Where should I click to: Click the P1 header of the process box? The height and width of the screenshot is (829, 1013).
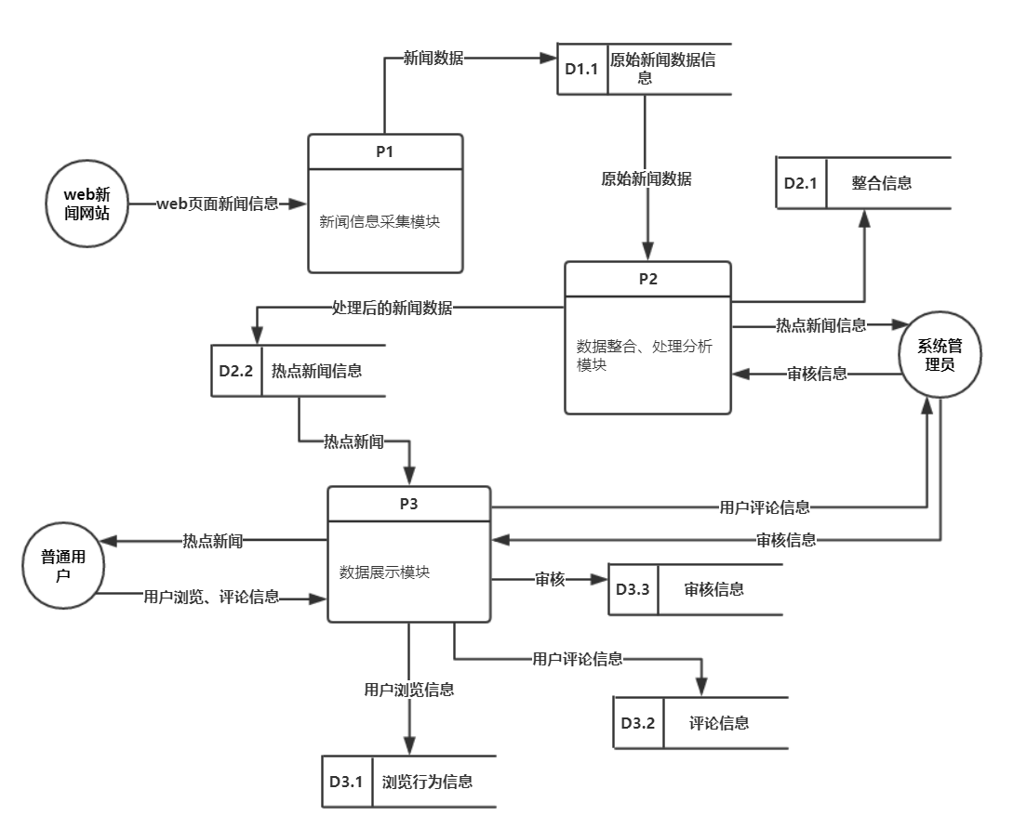(385, 152)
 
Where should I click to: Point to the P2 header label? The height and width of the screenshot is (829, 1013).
(647, 280)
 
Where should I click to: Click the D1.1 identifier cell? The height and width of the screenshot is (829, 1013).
(582, 68)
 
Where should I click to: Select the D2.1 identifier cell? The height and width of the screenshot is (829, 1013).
(800, 183)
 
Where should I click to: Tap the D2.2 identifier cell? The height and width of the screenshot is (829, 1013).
(236, 371)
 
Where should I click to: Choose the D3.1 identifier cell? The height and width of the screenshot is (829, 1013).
(344, 782)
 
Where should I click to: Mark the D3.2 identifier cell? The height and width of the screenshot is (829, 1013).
(638, 722)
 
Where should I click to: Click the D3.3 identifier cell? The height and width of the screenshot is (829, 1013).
(633, 589)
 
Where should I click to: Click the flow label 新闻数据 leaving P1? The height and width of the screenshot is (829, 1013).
(433, 58)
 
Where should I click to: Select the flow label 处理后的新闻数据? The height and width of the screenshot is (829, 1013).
(392, 309)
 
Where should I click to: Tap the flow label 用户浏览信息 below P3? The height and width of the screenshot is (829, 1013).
(409, 690)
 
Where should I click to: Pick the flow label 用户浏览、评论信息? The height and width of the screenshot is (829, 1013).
(211, 597)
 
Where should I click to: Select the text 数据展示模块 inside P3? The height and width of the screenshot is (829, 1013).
(384, 572)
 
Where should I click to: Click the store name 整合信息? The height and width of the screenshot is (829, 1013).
(881, 183)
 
